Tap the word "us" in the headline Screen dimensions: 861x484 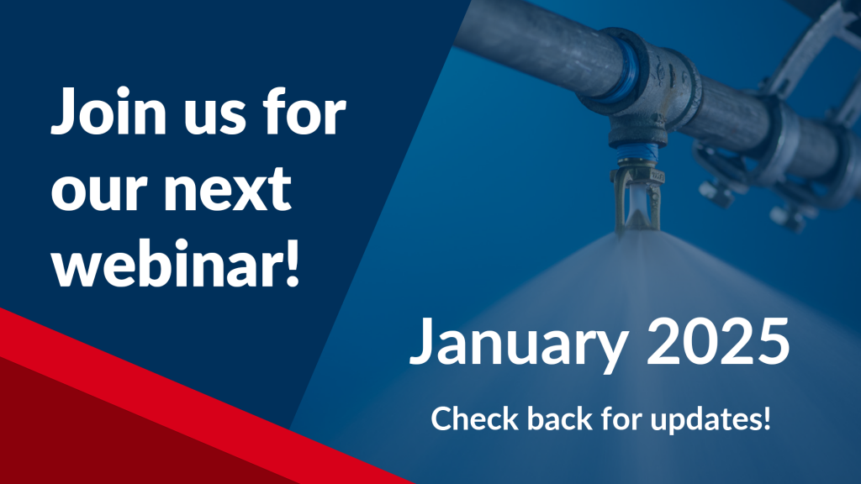pyautogui.click(x=214, y=118)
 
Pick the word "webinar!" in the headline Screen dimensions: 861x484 pyautogui.click(x=176, y=262)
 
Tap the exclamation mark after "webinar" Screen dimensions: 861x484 pyautogui.click(x=293, y=263)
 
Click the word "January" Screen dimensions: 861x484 pyautogui.click(x=518, y=342)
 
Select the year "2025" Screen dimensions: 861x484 pyautogui.click(x=718, y=341)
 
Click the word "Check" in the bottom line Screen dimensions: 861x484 pyautogui.click(x=475, y=418)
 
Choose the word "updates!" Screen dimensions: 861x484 pyautogui.click(x=710, y=420)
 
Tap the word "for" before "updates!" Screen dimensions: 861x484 pyautogui.click(x=621, y=418)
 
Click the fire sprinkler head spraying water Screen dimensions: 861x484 pyautogui.click(x=637, y=198)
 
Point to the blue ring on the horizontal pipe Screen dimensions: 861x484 pyautogui.click(x=626, y=71)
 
